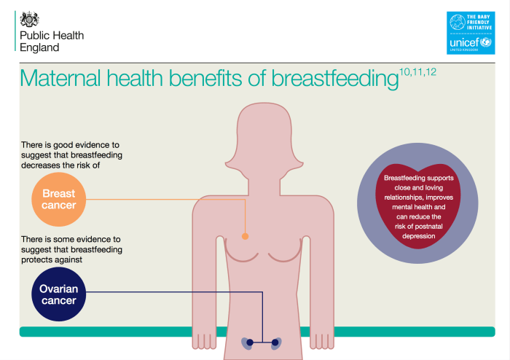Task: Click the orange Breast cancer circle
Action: [x=59, y=200]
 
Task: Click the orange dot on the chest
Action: [x=245, y=236]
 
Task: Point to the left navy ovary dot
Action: [x=250, y=342]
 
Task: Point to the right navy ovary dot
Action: [x=275, y=342]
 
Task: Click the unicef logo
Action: [x=470, y=43]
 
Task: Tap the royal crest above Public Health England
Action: [x=30, y=20]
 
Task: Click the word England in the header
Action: [x=40, y=47]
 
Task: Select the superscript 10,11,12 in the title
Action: [x=417, y=71]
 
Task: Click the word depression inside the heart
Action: [x=419, y=235]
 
